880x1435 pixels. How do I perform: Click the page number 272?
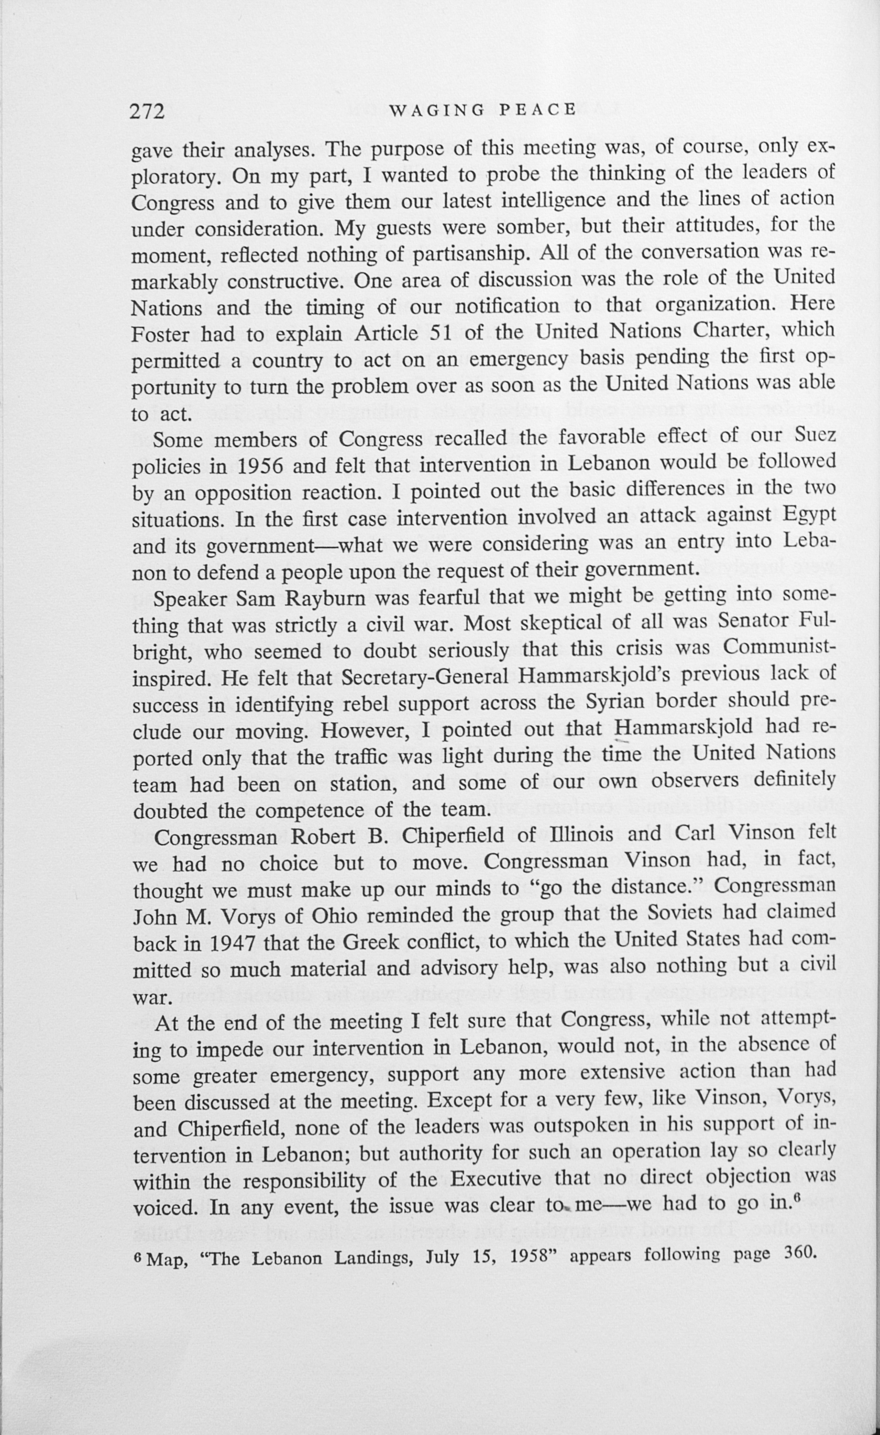coord(147,110)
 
